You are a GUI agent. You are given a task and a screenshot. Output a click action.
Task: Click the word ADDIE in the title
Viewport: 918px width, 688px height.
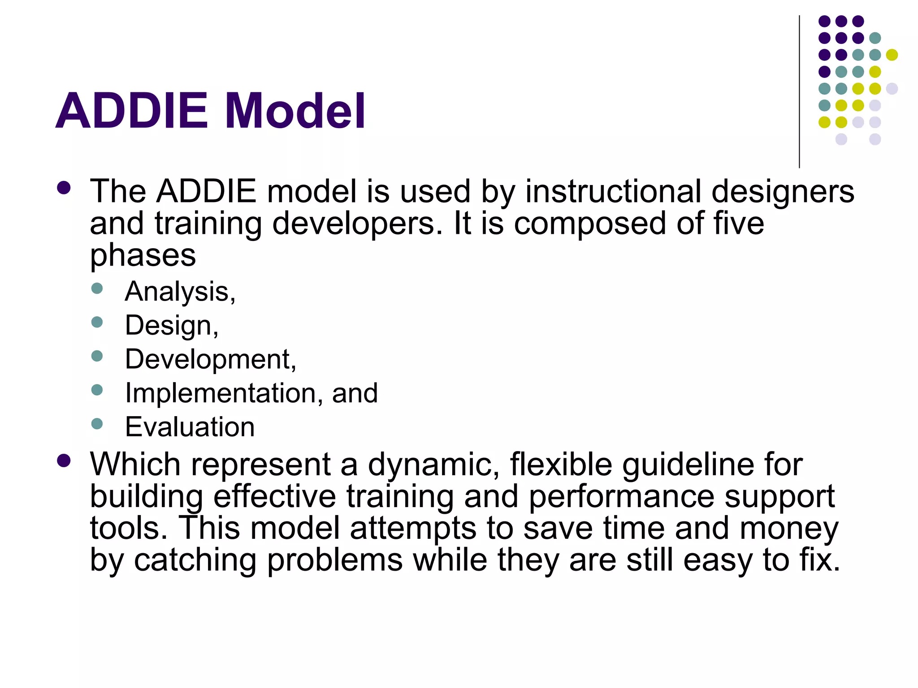pos(132,111)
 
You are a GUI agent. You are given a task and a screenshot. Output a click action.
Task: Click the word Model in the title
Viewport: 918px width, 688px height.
pos(294,111)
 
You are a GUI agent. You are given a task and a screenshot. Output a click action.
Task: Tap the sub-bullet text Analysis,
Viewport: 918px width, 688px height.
pos(180,292)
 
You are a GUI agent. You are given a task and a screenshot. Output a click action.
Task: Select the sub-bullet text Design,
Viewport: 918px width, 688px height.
pos(172,326)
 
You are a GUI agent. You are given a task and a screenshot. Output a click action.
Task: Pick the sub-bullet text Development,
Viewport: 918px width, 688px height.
pos(210,359)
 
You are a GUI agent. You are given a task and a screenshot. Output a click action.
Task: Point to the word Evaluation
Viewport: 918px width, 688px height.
pos(190,427)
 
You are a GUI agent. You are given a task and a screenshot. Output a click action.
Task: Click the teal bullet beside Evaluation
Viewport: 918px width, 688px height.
pos(97,424)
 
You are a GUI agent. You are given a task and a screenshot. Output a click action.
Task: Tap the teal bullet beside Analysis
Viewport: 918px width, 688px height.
pos(97,288)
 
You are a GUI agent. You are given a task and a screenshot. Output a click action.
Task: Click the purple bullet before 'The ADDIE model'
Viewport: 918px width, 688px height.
pos(64,188)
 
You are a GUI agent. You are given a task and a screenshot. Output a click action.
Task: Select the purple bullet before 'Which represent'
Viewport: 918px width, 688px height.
pos(64,460)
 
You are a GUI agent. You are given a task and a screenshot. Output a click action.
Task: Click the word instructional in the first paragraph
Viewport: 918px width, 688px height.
pos(613,192)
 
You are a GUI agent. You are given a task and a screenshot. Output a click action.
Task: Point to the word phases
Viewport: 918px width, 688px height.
pos(143,256)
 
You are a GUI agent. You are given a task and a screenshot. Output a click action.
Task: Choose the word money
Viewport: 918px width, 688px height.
pos(789,529)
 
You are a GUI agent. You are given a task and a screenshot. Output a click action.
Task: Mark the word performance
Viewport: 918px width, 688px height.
pos(621,497)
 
